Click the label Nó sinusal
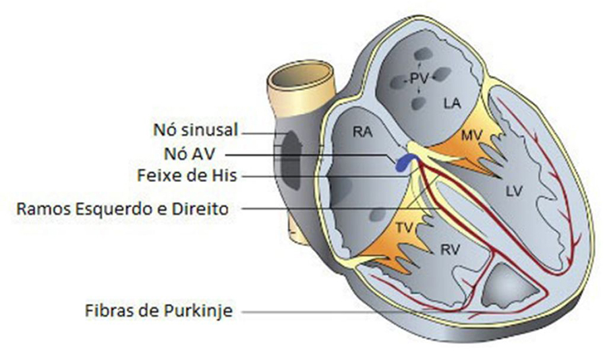click(196, 130)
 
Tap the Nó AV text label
click(190, 154)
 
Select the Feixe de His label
click(187, 175)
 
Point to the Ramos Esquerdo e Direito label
click(122, 209)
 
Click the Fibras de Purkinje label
click(158, 311)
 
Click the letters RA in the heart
click(362, 132)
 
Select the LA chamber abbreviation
click(452, 103)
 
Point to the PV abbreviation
click(420, 79)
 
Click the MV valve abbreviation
click(471, 136)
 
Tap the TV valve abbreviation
click(404, 228)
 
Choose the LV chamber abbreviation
click(514, 191)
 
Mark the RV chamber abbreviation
click(450, 249)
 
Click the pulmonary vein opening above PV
click(424, 54)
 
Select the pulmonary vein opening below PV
click(418, 103)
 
